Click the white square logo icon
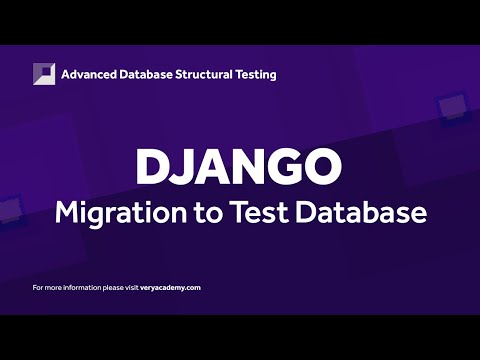click(44, 74)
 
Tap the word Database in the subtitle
click(345, 213)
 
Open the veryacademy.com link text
click(170, 287)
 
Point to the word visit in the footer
click(127, 287)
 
